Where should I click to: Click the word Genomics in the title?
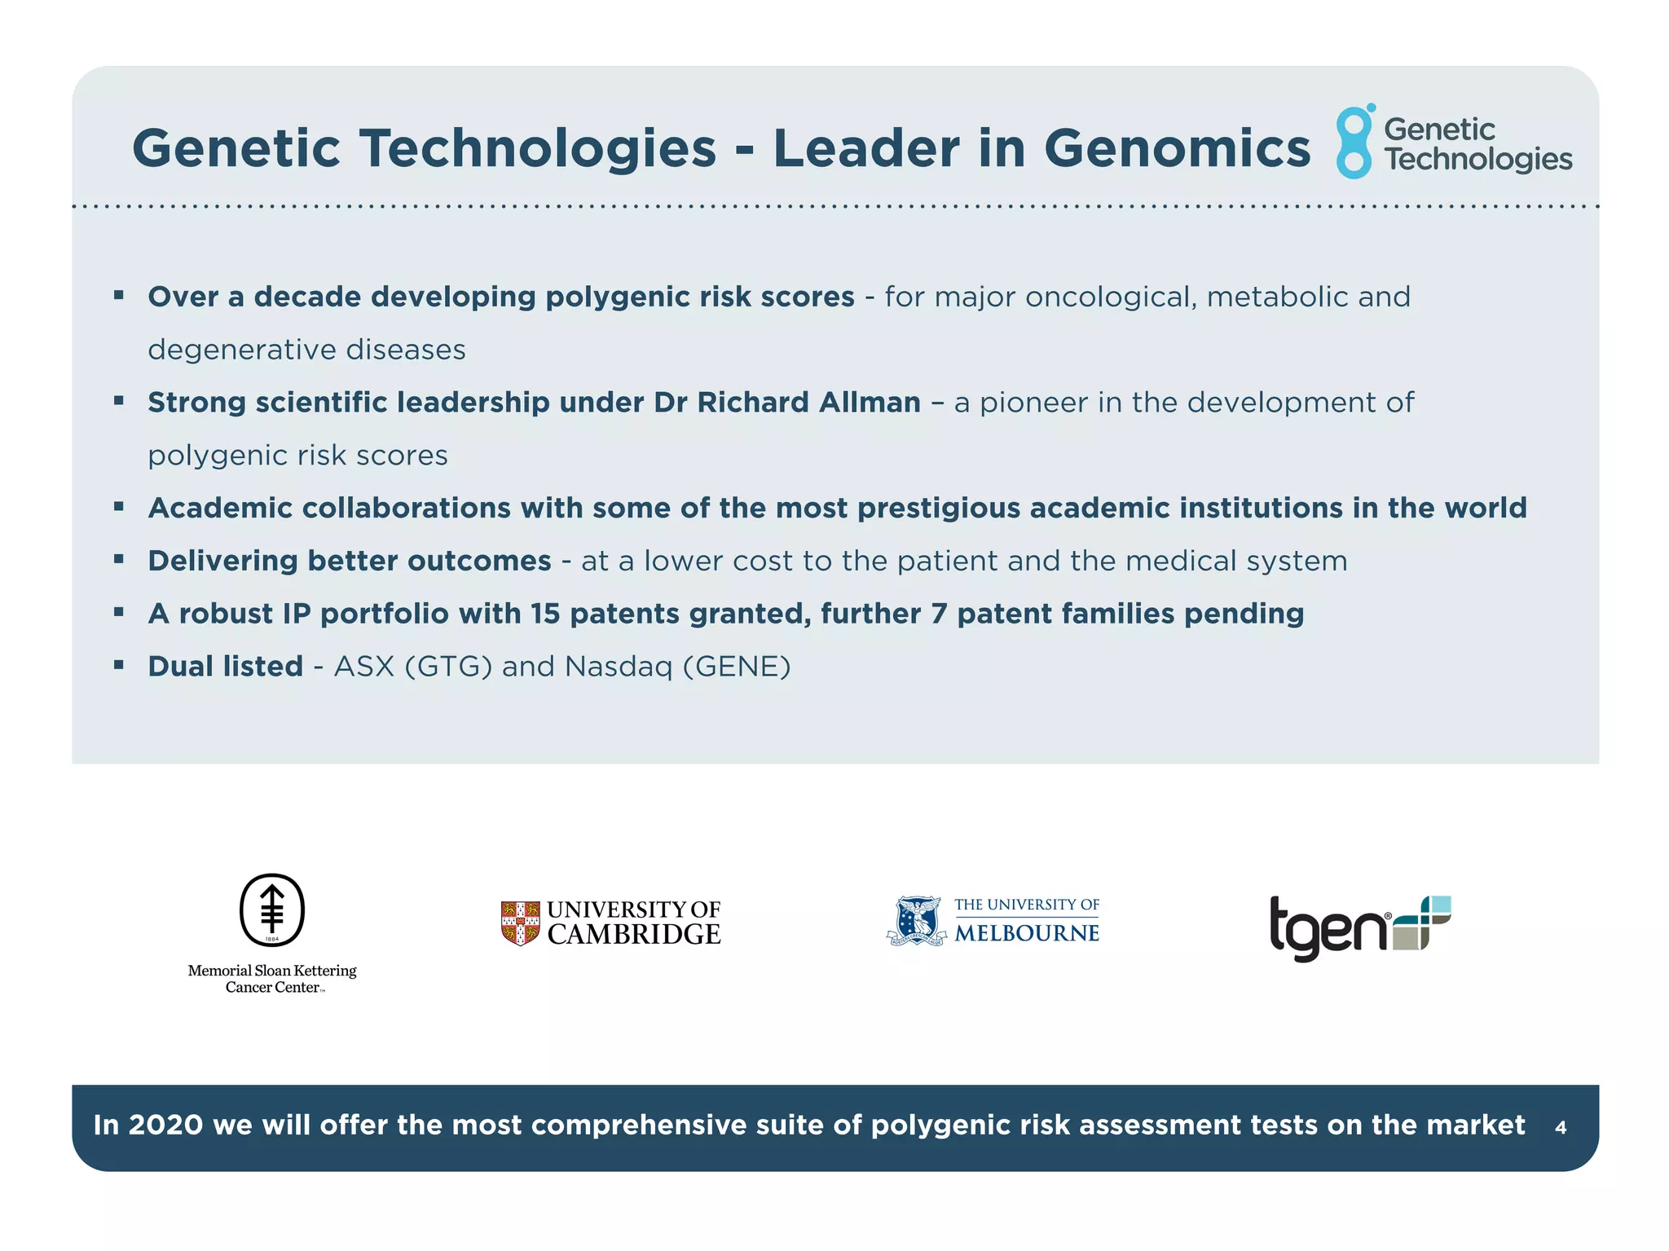point(1177,149)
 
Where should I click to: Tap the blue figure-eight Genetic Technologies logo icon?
point(1354,142)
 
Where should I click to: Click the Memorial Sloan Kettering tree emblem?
point(272,910)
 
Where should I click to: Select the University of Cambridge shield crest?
point(520,923)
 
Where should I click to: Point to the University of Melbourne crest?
point(918,921)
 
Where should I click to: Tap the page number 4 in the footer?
point(1560,1128)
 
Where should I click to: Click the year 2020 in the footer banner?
point(165,1125)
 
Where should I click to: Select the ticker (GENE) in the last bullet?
point(737,667)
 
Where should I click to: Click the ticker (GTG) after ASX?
point(448,667)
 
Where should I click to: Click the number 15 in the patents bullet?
point(545,614)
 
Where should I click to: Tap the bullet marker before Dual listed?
point(119,665)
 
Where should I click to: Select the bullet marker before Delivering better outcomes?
point(119,559)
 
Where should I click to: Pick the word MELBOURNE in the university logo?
point(1026,933)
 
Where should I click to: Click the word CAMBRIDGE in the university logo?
point(633,934)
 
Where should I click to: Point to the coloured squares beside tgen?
point(1423,923)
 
